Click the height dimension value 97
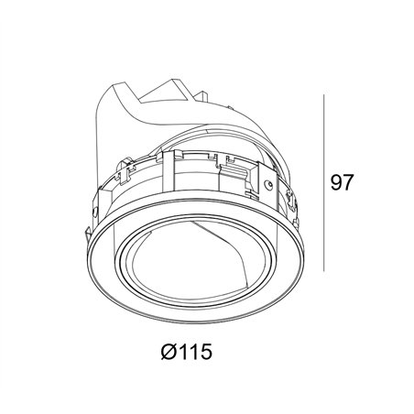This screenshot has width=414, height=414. click(x=342, y=182)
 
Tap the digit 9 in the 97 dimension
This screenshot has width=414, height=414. click(x=336, y=182)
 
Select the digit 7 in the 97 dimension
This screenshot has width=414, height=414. click(x=347, y=182)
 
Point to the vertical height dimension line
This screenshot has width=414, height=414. click(x=324, y=182)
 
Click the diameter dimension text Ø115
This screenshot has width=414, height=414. click(x=186, y=352)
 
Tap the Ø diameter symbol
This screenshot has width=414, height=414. click(x=169, y=352)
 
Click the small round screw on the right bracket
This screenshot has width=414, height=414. click(x=268, y=184)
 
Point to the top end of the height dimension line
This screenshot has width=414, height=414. click(x=324, y=94)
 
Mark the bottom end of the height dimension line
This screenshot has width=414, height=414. click(x=324, y=271)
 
